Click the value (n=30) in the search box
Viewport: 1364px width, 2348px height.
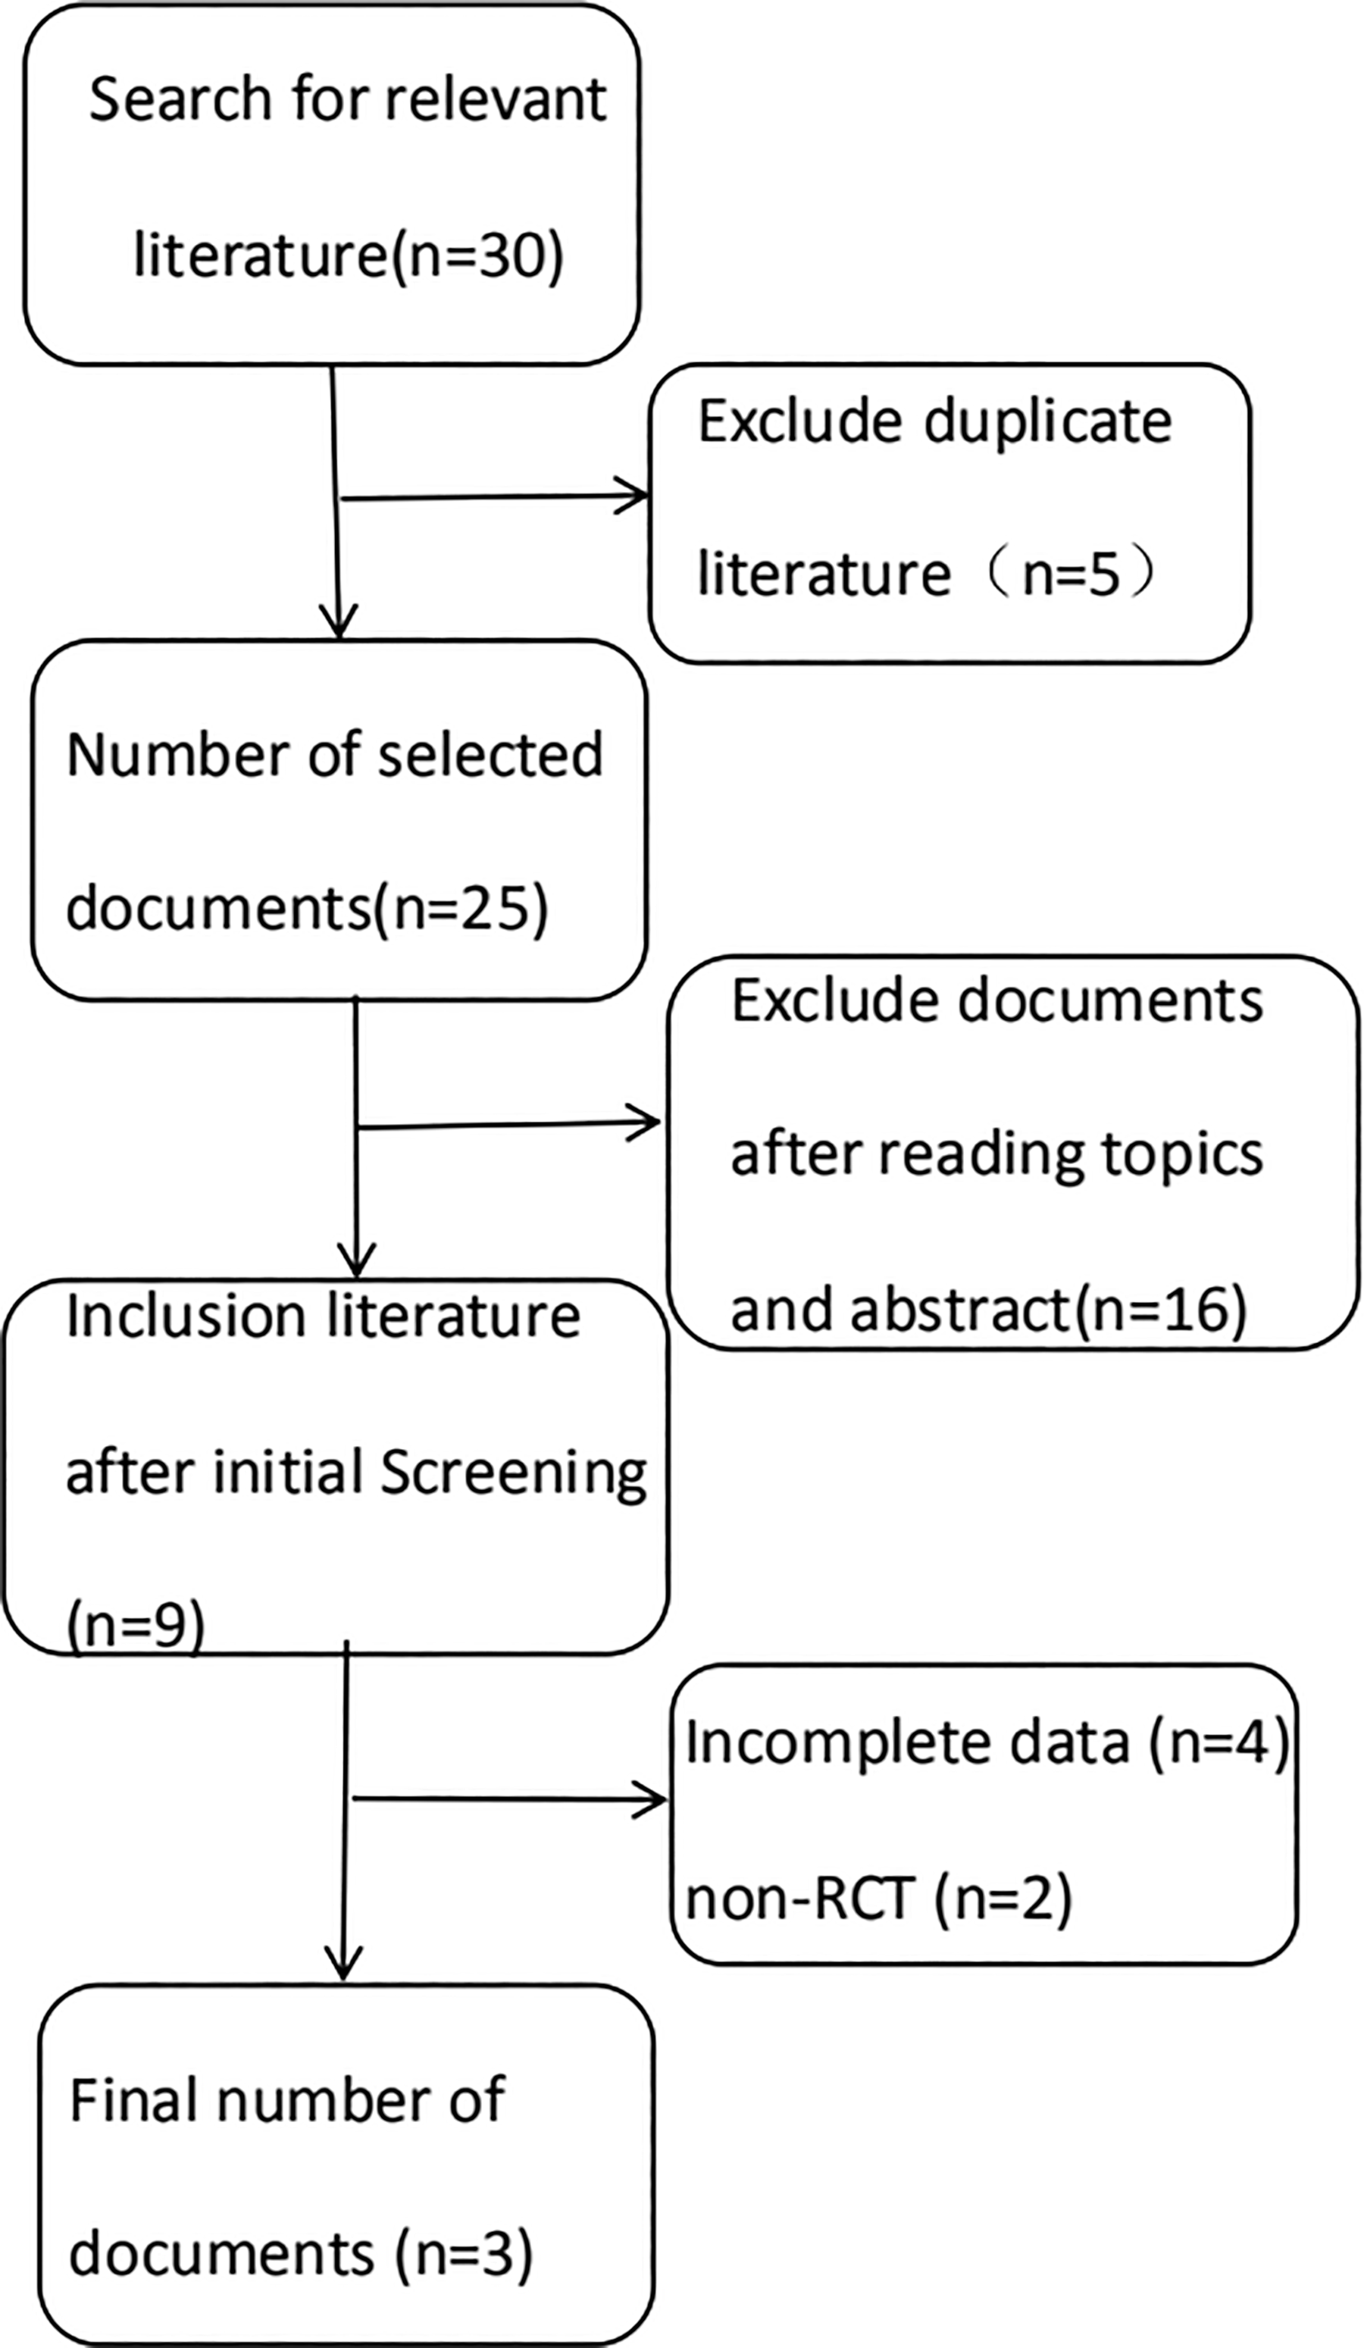(475, 255)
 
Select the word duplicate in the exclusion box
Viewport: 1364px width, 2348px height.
(1048, 421)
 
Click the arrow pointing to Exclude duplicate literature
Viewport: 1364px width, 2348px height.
(495, 496)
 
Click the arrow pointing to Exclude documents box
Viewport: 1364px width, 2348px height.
(508, 1125)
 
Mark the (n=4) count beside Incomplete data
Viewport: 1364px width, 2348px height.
(1219, 1742)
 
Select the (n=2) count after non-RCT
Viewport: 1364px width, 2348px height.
(1003, 1897)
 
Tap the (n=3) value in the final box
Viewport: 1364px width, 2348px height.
(464, 2254)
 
